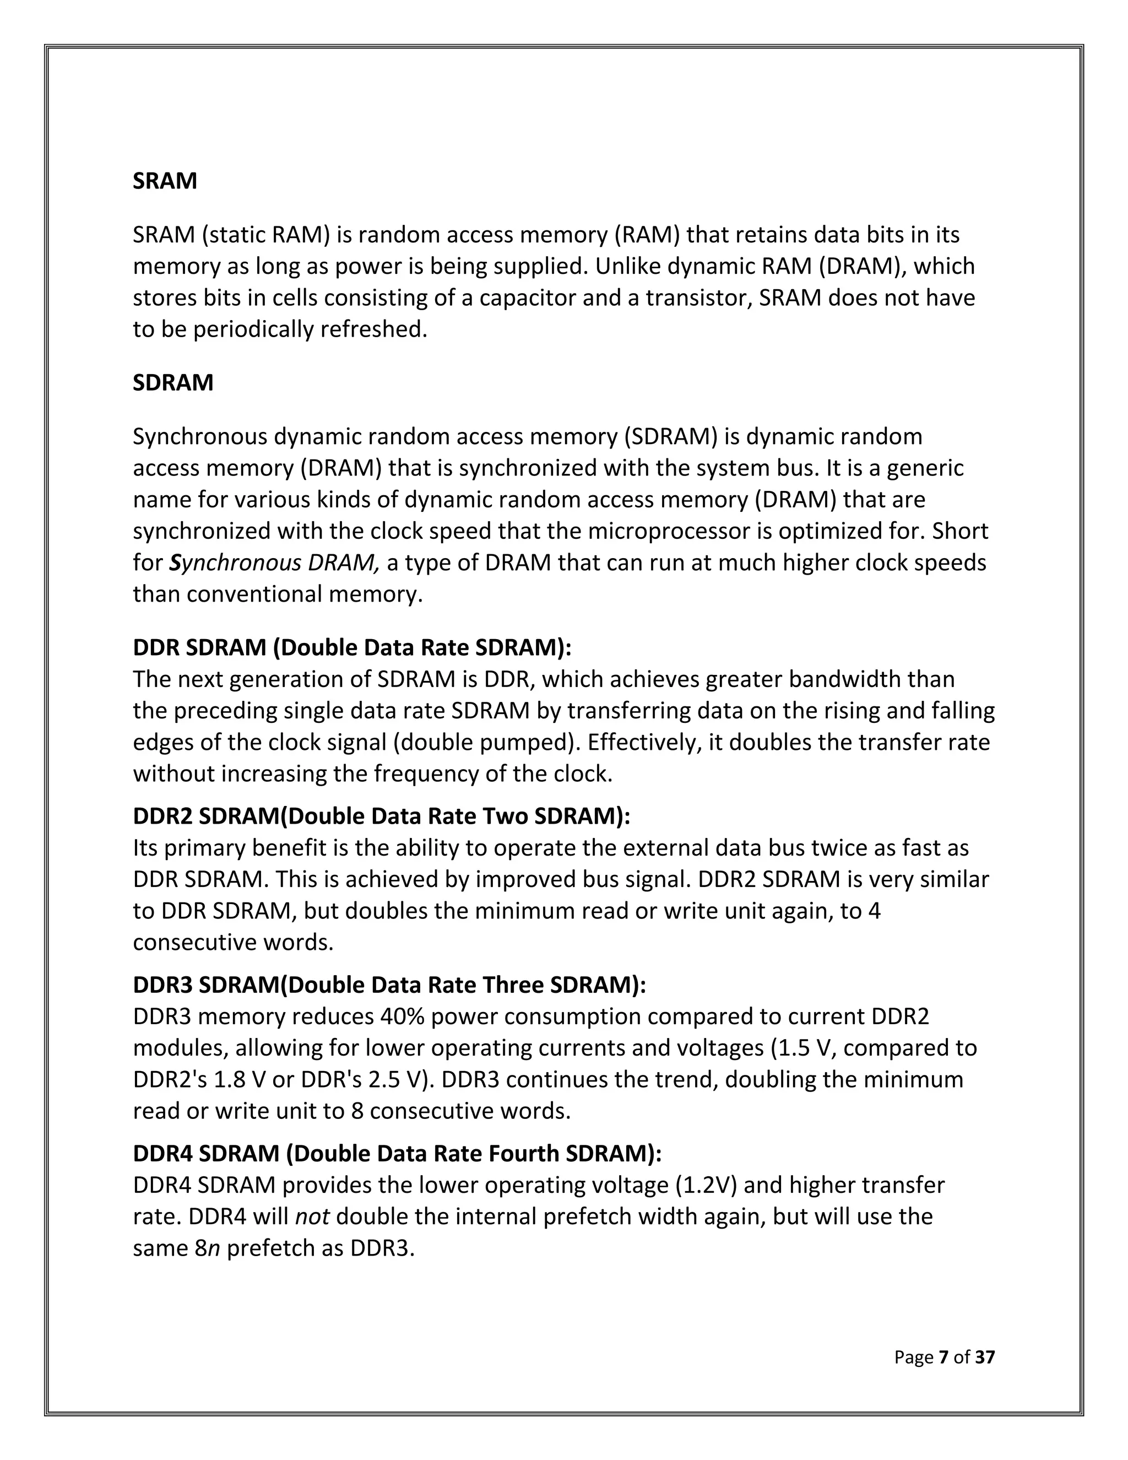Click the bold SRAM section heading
(x=164, y=181)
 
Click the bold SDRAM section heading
(x=173, y=382)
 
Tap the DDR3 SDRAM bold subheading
(x=389, y=985)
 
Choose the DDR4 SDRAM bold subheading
(x=397, y=1153)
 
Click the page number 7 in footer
(x=943, y=1357)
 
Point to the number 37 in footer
(x=985, y=1357)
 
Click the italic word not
(x=313, y=1216)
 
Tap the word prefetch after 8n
(x=270, y=1248)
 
